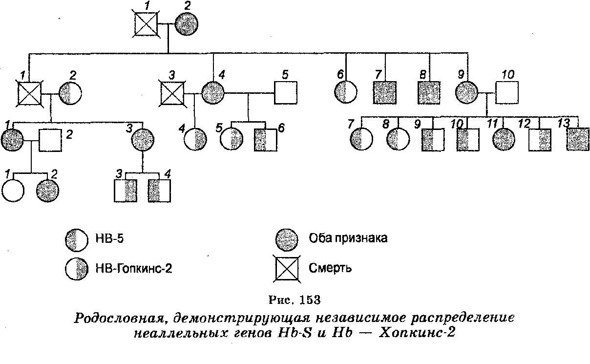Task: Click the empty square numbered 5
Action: pos(286,91)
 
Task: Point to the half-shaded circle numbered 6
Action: pos(346,91)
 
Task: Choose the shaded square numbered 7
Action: pos(385,91)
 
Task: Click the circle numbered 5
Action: pos(231,139)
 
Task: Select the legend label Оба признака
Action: pos(348,238)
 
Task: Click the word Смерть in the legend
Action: pos(330,268)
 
